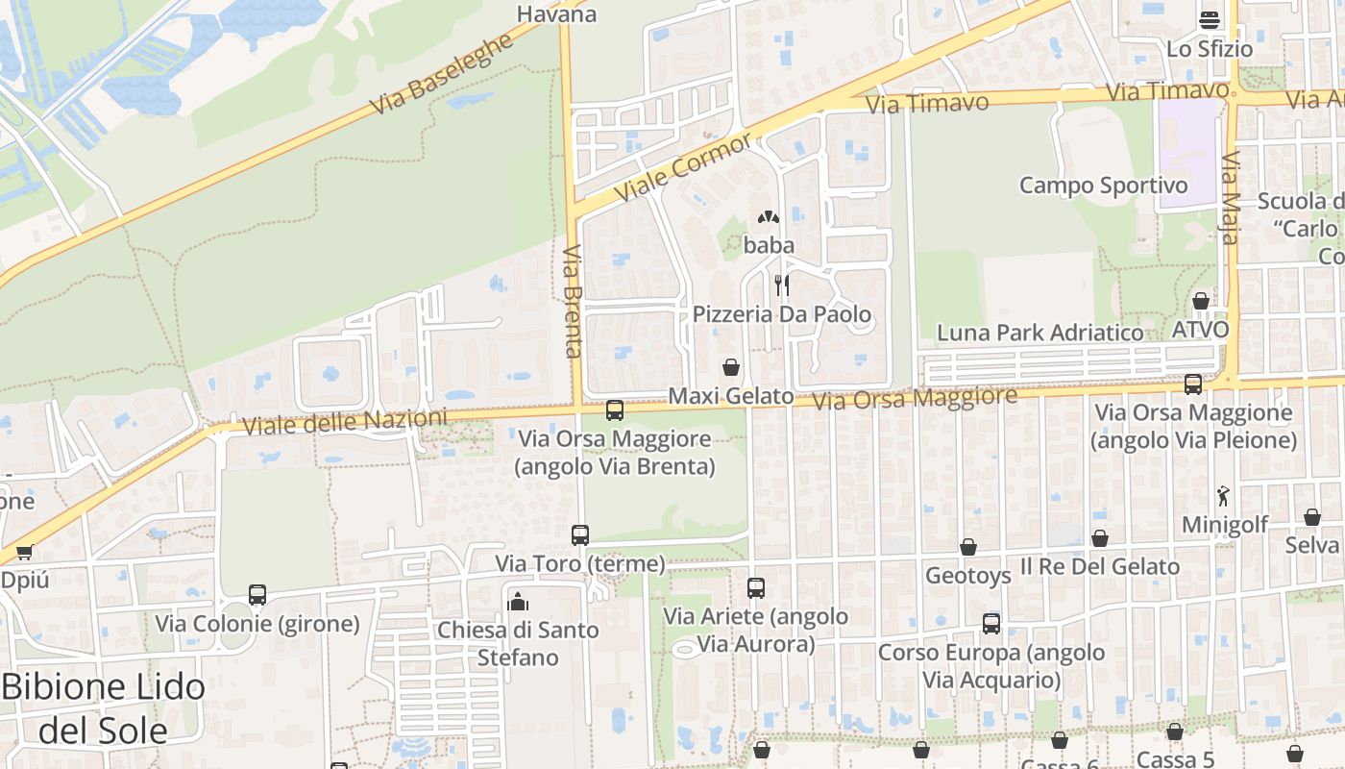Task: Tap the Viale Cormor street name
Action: point(683,166)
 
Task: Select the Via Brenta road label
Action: point(574,301)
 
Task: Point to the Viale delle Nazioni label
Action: point(345,422)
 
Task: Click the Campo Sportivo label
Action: point(1104,185)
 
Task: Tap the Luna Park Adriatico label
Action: point(1040,333)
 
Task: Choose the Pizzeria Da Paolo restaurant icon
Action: point(782,285)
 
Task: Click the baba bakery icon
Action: point(769,218)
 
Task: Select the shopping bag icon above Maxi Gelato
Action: point(731,367)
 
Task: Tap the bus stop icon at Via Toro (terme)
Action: point(580,534)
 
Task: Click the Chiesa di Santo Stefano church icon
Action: point(518,602)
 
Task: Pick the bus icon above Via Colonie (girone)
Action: point(257,594)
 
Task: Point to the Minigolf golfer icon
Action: point(1223,496)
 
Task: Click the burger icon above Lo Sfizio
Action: point(1209,19)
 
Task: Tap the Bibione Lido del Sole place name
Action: point(104,708)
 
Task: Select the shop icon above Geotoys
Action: point(968,547)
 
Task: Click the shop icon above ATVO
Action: point(1200,301)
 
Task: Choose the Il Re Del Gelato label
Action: point(1100,566)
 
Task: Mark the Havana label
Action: point(556,13)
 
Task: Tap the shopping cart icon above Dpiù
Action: point(24,552)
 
